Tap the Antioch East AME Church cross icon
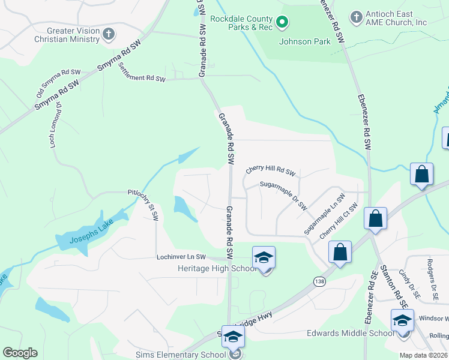pos(357,16)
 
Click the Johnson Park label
pos(304,41)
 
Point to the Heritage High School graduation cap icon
pos(264,257)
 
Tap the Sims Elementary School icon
pos(233,338)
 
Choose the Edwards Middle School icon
pos(402,320)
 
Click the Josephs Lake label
pos(90,230)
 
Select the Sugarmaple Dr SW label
pos(283,195)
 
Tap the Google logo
pos(20,353)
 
